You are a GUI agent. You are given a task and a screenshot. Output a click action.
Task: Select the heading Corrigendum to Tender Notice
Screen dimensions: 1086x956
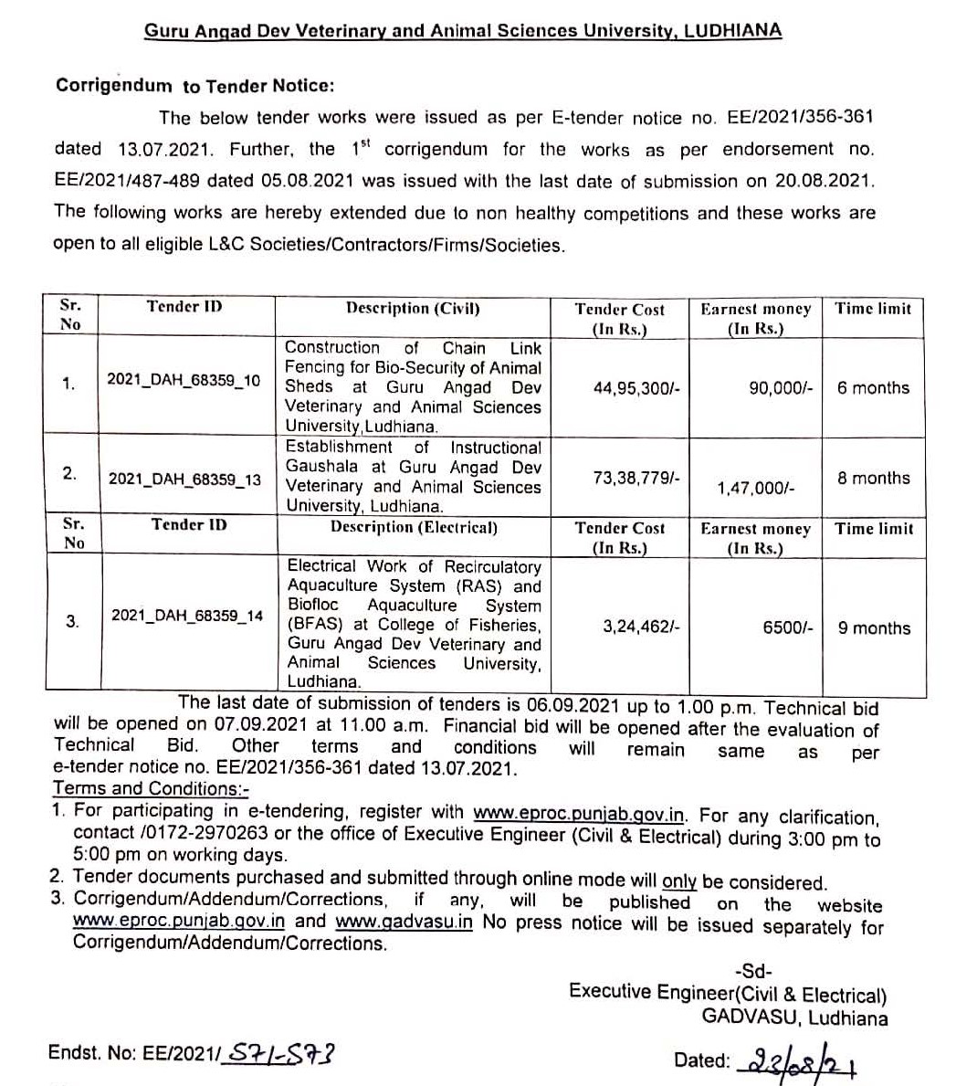(195, 86)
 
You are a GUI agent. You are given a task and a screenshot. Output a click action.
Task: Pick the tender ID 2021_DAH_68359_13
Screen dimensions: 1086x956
(184, 479)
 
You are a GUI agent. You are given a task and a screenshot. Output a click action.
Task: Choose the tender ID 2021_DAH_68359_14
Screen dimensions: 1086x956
(186, 616)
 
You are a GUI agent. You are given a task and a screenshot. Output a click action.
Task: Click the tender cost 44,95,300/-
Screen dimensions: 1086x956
(636, 388)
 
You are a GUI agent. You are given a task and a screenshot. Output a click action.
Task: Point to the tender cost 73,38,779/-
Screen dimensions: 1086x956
(636, 477)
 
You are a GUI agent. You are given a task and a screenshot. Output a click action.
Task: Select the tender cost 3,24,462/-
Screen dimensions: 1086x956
(641, 627)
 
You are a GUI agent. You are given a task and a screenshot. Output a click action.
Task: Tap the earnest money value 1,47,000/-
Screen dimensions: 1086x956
(755, 489)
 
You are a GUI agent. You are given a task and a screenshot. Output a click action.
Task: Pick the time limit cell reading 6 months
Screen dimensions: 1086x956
(873, 388)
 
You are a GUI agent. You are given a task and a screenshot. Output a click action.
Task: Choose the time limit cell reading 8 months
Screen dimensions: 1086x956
(874, 478)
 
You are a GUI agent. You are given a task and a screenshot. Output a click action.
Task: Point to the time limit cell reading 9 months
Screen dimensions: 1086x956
(874, 628)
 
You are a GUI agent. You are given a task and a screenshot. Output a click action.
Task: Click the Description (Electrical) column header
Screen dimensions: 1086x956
(414, 527)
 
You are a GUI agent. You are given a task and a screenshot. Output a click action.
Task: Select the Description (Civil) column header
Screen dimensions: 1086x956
(413, 309)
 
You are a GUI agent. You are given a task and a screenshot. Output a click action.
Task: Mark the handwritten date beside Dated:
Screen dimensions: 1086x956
(804, 1061)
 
